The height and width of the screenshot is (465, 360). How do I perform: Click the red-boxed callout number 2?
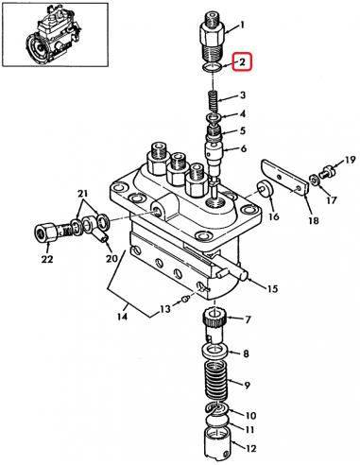coord(242,62)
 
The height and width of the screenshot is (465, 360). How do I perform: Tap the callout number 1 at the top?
coord(242,25)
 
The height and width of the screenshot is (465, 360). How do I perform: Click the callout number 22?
coord(46,259)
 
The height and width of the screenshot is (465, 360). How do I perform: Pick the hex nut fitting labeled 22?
coord(45,231)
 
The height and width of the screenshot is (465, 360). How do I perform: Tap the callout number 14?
coord(122,316)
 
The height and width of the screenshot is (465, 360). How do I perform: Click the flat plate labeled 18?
coord(284,178)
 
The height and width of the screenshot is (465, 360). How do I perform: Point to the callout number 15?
coord(271,288)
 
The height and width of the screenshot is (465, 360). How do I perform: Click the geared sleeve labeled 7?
coord(214,327)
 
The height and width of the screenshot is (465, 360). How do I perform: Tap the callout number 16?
coord(274,216)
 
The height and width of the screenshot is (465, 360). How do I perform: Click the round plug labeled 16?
coord(266,188)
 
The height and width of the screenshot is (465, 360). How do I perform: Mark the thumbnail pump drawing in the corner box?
coord(56,34)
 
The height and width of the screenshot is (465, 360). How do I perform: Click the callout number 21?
coord(82,193)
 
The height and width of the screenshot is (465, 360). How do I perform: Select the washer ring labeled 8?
coord(214,351)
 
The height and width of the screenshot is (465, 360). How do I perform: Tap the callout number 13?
coord(164,309)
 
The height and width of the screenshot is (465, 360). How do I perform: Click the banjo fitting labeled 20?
coord(94,228)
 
